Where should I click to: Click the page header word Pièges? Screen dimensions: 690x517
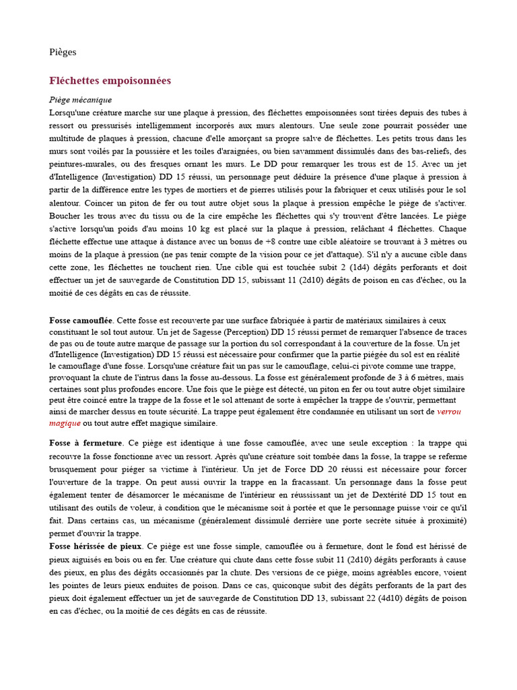[63, 52]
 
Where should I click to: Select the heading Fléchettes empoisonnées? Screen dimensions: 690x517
[110, 81]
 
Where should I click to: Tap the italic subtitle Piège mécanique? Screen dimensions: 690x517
[80, 100]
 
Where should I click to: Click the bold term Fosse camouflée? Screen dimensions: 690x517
[81, 320]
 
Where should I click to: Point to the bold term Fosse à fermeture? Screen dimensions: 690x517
[85, 443]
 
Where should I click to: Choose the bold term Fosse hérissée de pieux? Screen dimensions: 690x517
[96, 546]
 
